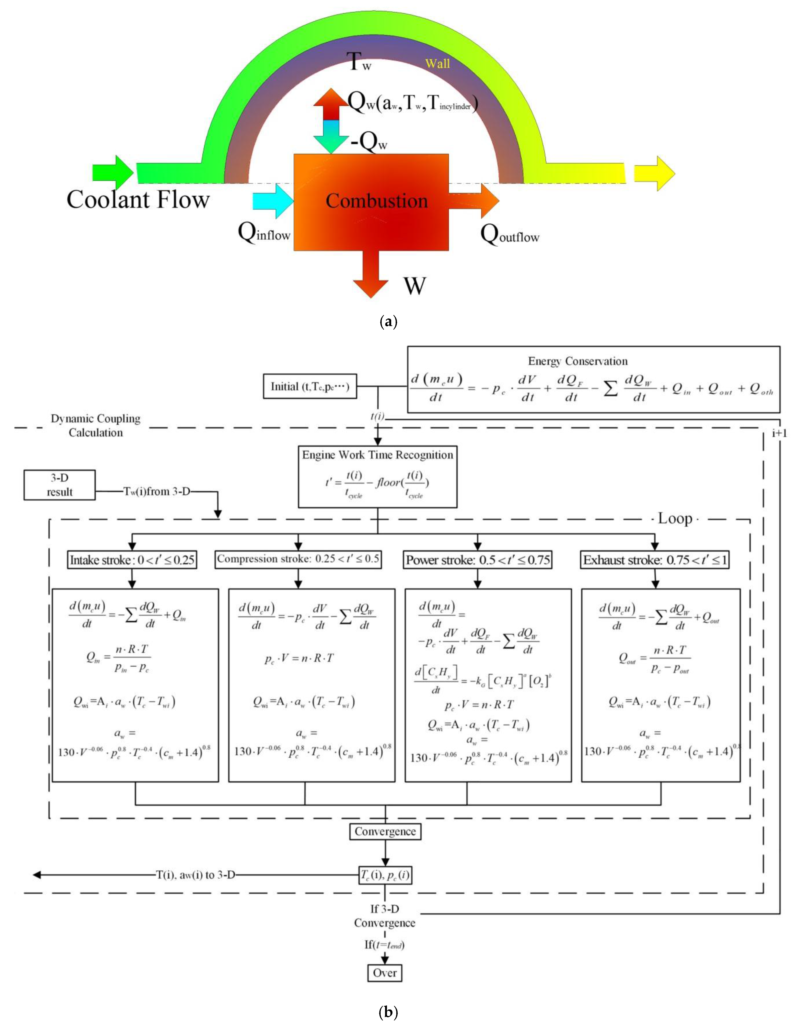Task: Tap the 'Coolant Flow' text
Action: tap(138, 199)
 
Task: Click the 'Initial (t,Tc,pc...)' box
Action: tap(309, 386)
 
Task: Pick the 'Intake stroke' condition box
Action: tap(132, 560)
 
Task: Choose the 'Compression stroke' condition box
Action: tap(298, 559)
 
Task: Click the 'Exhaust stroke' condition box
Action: tap(656, 560)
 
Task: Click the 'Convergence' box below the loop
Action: tap(385, 831)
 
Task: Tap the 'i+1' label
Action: tap(779, 433)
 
